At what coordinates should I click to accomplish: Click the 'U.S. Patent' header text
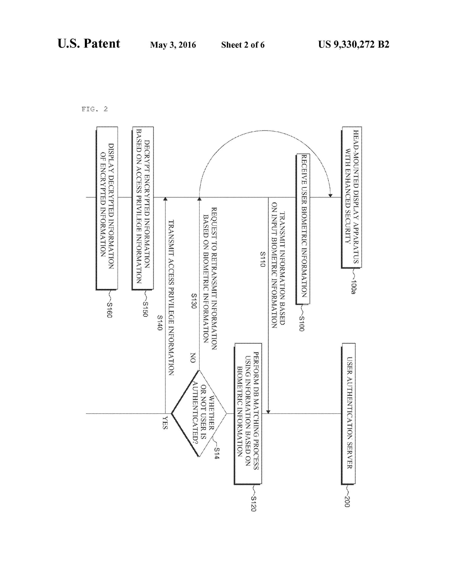[x=88, y=44]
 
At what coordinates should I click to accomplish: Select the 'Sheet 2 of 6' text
[x=243, y=45]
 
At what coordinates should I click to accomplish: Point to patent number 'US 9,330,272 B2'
[x=353, y=44]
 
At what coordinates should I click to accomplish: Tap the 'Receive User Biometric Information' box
[x=303, y=229]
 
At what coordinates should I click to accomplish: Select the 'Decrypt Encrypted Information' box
[x=143, y=208]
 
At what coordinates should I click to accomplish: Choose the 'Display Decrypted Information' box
[x=107, y=208]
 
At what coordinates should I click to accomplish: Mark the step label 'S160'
[x=109, y=310]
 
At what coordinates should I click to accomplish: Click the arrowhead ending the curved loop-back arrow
[x=330, y=195]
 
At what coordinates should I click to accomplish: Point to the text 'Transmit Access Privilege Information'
[x=171, y=297]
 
